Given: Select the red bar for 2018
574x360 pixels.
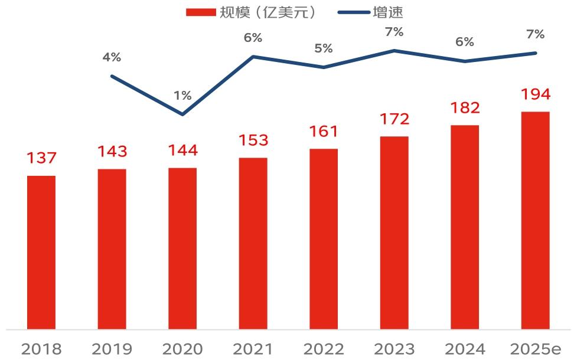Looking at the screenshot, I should click(41, 252).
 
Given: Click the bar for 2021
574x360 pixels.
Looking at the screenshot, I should click(253, 243).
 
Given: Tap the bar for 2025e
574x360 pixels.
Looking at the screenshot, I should click(535, 220).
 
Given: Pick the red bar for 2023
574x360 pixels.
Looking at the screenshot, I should click(394, 233).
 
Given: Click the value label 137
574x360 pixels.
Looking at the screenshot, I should click(41, 158).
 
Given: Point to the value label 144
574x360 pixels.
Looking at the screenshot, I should click(182, 150).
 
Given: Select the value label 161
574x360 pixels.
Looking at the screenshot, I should click(324, 131).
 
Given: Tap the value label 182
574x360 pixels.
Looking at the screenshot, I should click(465, 108).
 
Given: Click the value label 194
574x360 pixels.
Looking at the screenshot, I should click(535, 94).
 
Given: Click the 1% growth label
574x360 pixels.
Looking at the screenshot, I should click(182, 95).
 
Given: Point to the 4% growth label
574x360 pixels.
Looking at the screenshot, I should click(112, 57).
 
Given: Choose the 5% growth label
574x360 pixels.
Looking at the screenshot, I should click(324, 48).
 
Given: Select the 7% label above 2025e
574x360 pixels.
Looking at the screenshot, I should click(535, 34).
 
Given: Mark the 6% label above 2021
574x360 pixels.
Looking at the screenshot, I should click(253, 38).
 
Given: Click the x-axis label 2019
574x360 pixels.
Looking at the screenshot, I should click(112, 349).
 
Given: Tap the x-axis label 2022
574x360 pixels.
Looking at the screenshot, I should click(324, 349).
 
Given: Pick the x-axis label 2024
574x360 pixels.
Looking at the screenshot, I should click(465, 349).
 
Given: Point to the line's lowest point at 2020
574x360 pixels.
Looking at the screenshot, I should click(182, 114).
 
